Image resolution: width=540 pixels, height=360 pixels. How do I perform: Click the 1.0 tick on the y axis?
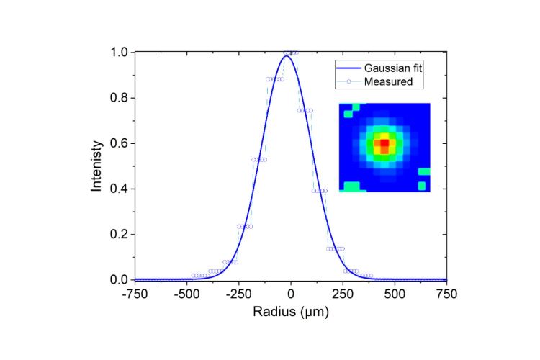[119, 53]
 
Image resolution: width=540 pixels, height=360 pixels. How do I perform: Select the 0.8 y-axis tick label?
[119, 98]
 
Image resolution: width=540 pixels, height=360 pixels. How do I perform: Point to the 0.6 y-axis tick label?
[119, 143]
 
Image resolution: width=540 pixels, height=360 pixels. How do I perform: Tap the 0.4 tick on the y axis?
[119, 189]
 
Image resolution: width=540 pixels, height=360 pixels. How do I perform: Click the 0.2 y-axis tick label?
[119, 234]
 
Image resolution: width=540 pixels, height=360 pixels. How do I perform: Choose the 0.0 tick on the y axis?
[119, 279]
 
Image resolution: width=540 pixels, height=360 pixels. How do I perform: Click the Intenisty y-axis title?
[96, 166]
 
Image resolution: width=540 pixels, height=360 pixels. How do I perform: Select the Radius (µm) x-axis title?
[291, 314]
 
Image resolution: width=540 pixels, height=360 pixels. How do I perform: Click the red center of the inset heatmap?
[384, 143]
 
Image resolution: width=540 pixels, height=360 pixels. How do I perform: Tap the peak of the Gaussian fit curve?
[287, 55]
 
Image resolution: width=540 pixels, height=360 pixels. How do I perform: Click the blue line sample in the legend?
[347, 68]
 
